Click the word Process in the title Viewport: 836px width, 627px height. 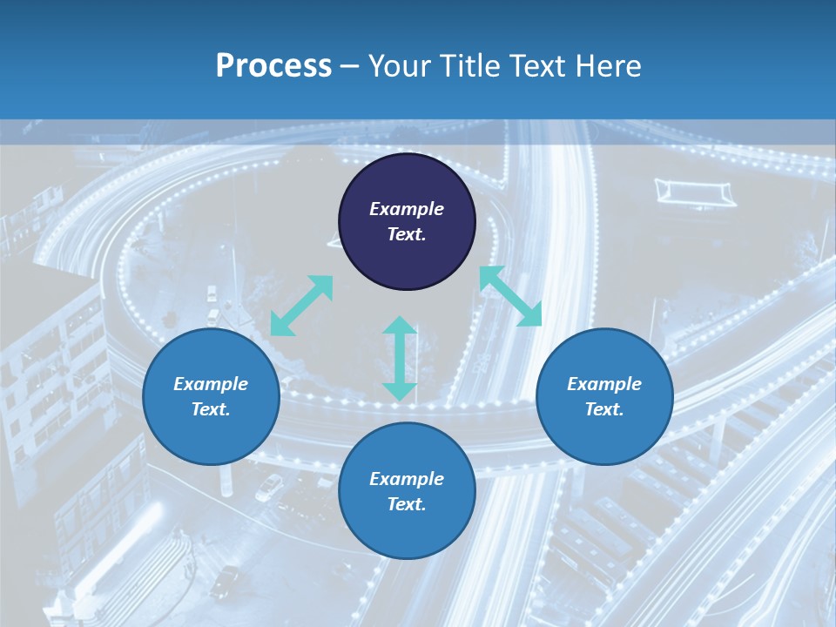(273, 66)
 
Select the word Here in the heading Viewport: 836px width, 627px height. (606, 66)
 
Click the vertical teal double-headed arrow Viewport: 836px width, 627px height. (400, 358)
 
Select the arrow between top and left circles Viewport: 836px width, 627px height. (301, 306)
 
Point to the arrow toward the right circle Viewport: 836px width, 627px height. (510, 296)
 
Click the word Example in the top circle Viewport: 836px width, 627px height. (407, 209)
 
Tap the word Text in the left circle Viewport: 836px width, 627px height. (211, 409)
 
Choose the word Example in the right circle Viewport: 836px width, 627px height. (604, 384)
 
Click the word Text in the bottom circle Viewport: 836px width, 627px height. (407, 504)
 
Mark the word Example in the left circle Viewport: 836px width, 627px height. (211, 384)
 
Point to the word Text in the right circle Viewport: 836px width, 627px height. (604, 409)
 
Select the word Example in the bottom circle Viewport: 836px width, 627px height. (407, 479)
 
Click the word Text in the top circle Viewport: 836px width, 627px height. (407, 234)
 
